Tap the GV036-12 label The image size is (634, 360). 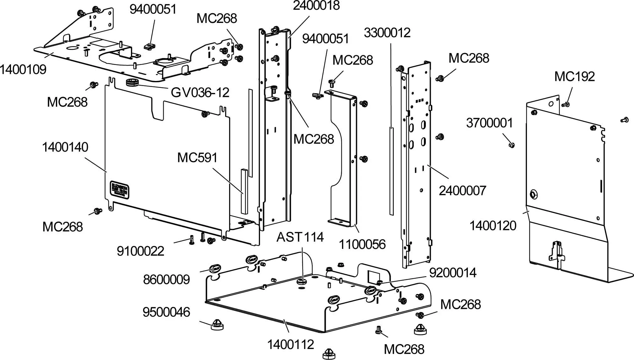[x=200, y=93]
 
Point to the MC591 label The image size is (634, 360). [x=197, y=158]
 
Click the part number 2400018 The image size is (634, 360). [x=316, y=6]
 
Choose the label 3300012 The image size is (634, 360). [x=387, y=33]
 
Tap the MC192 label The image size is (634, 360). [x=574, y=77]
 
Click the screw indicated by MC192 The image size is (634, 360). [x=566, y=104]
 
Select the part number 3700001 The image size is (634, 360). [x=489, y=123]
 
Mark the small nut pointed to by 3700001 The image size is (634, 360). [x=512, y=145]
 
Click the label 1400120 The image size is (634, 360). [x=493, y=226]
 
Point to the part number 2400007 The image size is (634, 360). [x=462, y=191]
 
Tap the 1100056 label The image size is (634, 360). [x=362, y=244]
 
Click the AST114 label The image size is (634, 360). [x=300, y=237]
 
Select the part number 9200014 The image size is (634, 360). [x=452, y=273]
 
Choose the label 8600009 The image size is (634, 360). [x=166, y=280]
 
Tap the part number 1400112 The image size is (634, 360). [x=290, y=345]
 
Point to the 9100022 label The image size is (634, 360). [x=140, y=251]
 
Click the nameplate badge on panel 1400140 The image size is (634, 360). [x=120, y=190]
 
